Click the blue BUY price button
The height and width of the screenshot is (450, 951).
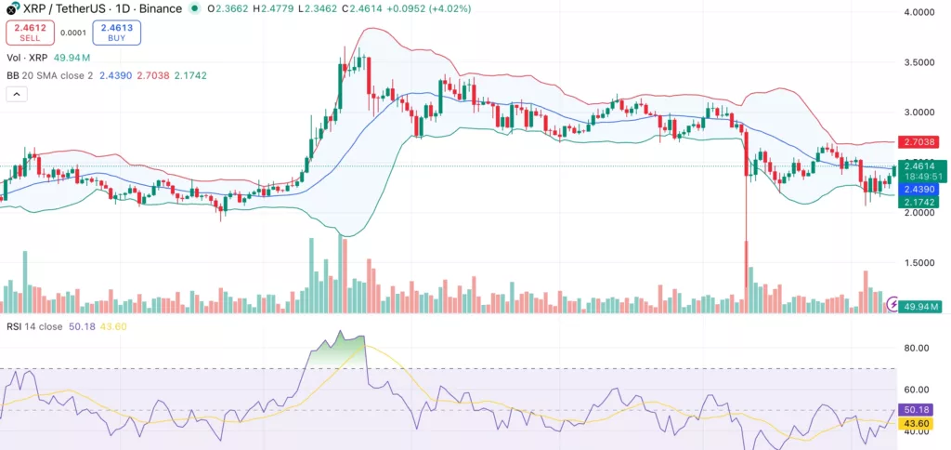pyautogui.click(x=117, y=33)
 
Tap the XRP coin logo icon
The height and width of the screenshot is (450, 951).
pyautogui.click(x=11, y=8)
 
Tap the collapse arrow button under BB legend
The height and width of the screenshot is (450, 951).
pyautogui.click(x=17, y=94)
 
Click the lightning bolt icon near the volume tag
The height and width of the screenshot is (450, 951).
pyautogui.click(x=893, y=303)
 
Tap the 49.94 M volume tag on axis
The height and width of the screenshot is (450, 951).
pyautogui.click(x=922, y=306)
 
